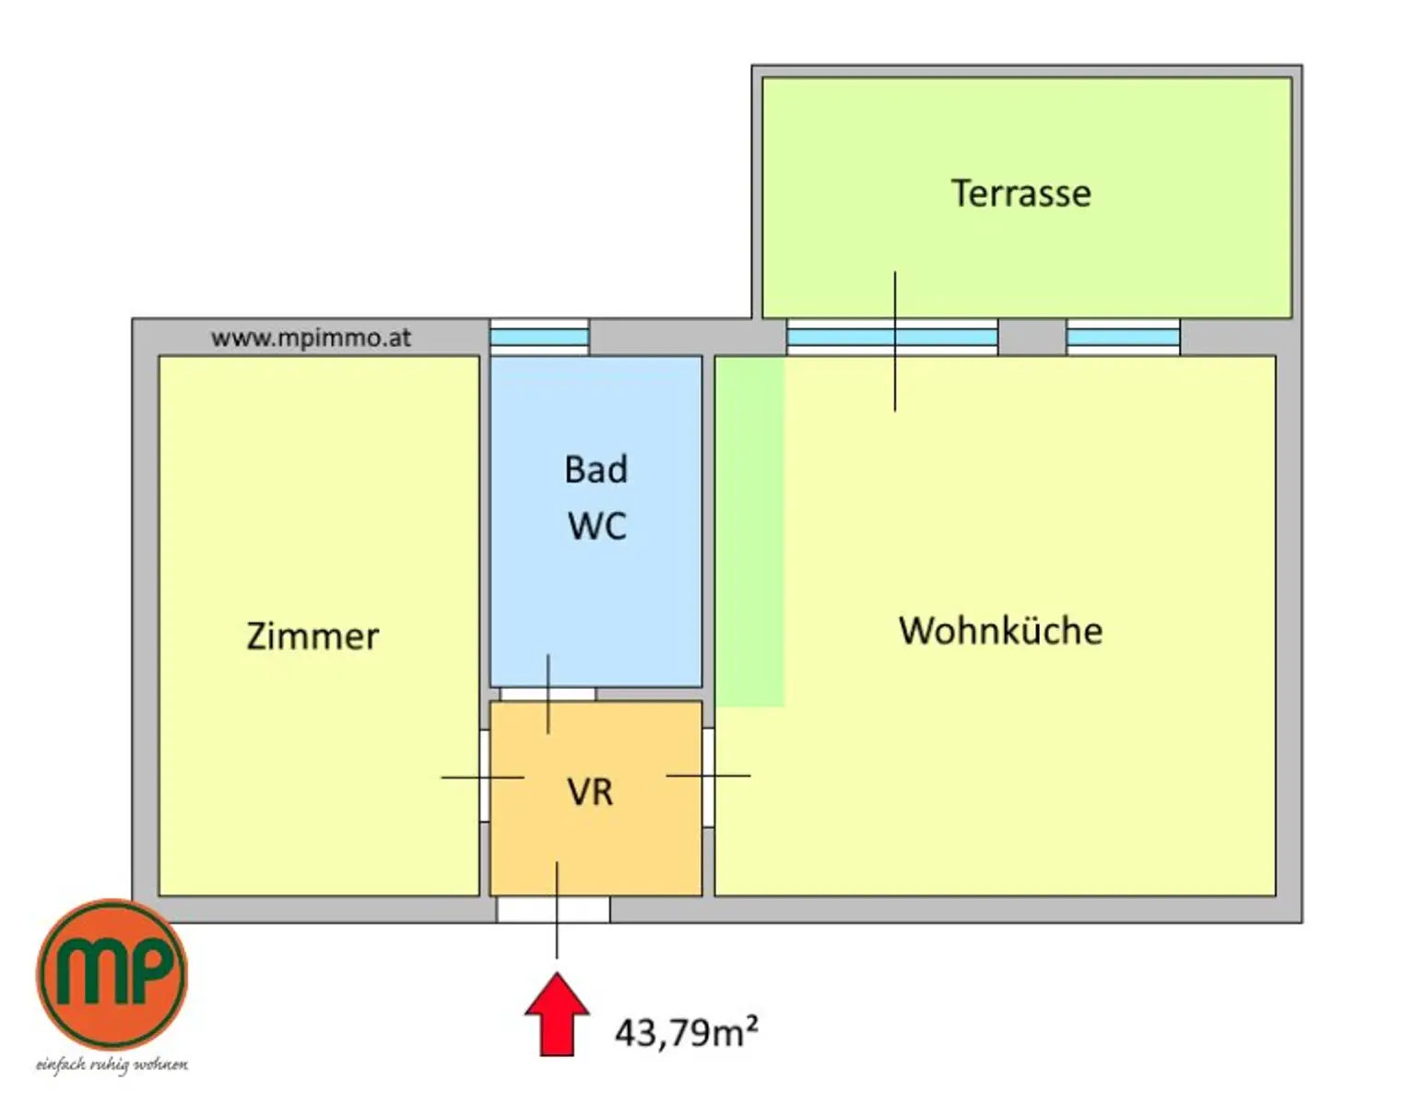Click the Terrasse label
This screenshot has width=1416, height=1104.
[x=1021, y=194]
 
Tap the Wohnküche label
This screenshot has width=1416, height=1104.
[x=1000, y=631]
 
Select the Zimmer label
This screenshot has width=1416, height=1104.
[x=313, y=636]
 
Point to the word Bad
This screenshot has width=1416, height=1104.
[x=596, y=469]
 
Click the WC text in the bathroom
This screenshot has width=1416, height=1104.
[x=596, y=526]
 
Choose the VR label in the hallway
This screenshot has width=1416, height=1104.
[x=590, y=792]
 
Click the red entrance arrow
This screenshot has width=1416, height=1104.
[x=557, y=1014]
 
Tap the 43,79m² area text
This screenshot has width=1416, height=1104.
[x=686, y=1032]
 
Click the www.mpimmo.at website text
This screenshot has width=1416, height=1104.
[x=311, y=338]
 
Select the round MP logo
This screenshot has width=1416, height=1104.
[x=112, y=974]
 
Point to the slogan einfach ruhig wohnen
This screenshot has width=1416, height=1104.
[x=112, y=1064]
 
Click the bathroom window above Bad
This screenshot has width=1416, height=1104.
[x=539, y=338]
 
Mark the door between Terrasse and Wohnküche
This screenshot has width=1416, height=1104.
[x=892, y=338]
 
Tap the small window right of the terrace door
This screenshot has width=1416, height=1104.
[x=1123, y=338]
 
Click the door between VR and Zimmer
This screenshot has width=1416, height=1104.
[x=484, y=776]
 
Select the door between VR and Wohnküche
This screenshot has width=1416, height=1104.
[x=708, y=777]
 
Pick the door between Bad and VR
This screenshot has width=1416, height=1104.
[x=548, y=694]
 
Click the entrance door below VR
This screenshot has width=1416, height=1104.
[x=553, y=909]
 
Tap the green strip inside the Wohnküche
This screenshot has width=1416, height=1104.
[x=750, y=531]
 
